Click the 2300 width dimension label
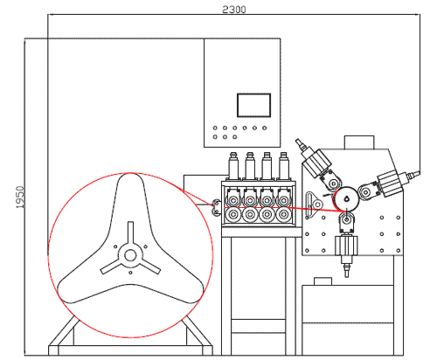(234, 10)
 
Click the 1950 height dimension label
(20, 197)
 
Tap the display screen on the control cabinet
(253, 105)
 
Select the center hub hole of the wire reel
(130, 255)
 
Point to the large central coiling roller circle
(346, 198)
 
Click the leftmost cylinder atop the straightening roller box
(233, 166)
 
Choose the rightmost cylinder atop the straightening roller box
(284, 166)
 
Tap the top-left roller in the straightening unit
(232, 200)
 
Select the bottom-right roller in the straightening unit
(283, 215)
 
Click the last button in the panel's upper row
(265, 128)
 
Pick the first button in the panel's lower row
(215, 136)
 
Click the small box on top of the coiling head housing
(359, 142)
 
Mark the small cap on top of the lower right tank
(323, 281)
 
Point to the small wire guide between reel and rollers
(216, 208)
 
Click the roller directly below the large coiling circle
(347, 219)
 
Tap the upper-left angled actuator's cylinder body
(316, 163)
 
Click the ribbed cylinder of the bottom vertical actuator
(346, 246)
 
